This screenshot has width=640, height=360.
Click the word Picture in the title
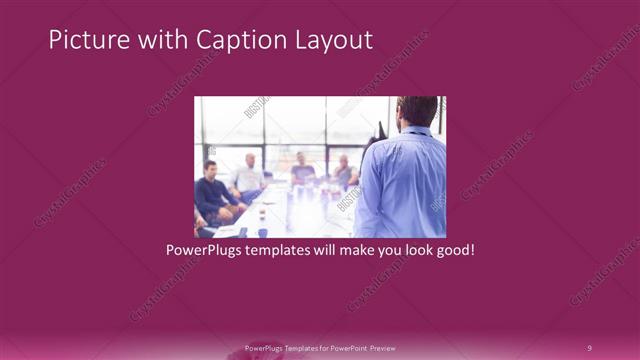tap(83, 40)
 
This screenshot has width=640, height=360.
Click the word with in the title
tap(158, 40)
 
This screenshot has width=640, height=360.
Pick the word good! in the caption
tap(452, 250)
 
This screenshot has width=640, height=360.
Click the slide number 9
tap(589, 348)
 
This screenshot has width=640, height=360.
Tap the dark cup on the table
tap(262, 216)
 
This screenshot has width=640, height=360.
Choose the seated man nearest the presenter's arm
tap(345, 172)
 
